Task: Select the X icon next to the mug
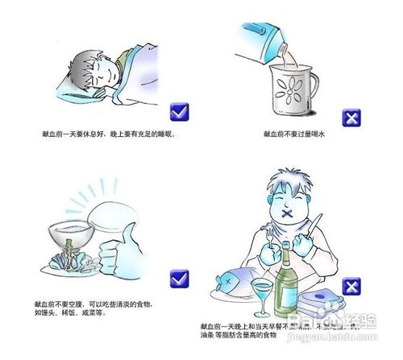pyautogui.click(x=351, y=118)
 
